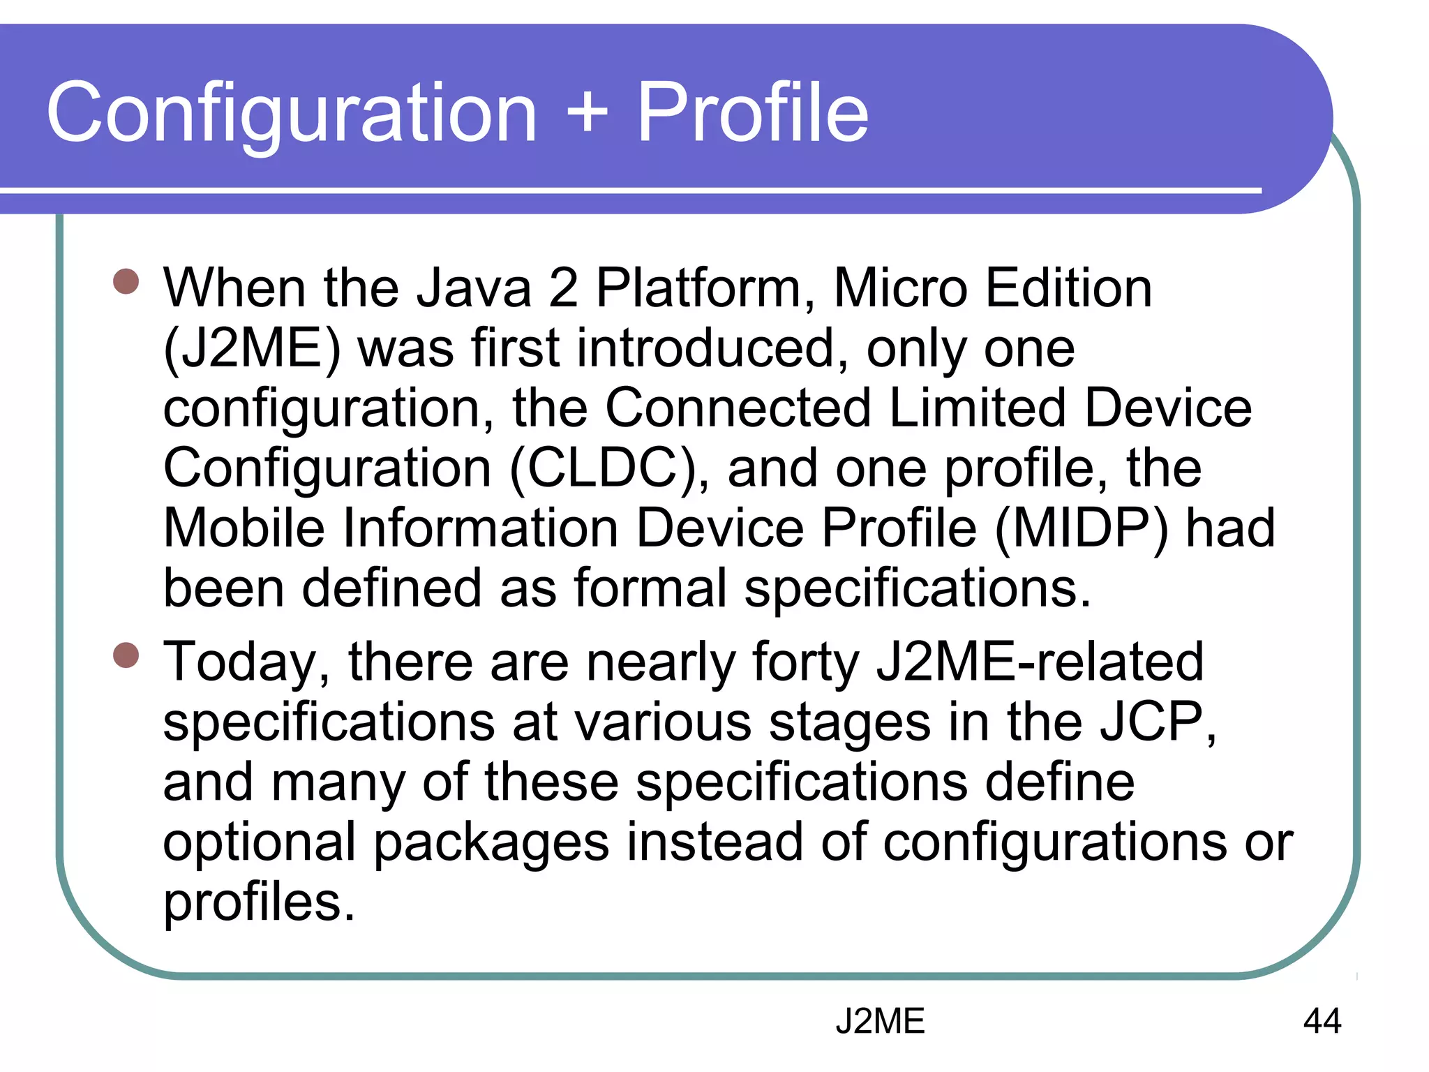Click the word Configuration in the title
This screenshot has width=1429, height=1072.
tap(292, 113)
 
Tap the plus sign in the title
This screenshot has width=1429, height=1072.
tap(587, 112)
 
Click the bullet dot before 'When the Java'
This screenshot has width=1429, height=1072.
tap(126, 282)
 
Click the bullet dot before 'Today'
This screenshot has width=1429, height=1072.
tap(126, 655)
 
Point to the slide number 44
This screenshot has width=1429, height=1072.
tap(1322, 1021)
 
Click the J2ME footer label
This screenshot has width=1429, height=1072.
tap(879, 1021)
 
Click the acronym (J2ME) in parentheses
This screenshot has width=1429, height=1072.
tap(252, 348)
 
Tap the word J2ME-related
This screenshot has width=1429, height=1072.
tap(1040, 662)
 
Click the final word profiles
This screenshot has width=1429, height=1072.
tap(259, 902)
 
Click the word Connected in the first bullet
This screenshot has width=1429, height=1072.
tap(738, 408)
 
